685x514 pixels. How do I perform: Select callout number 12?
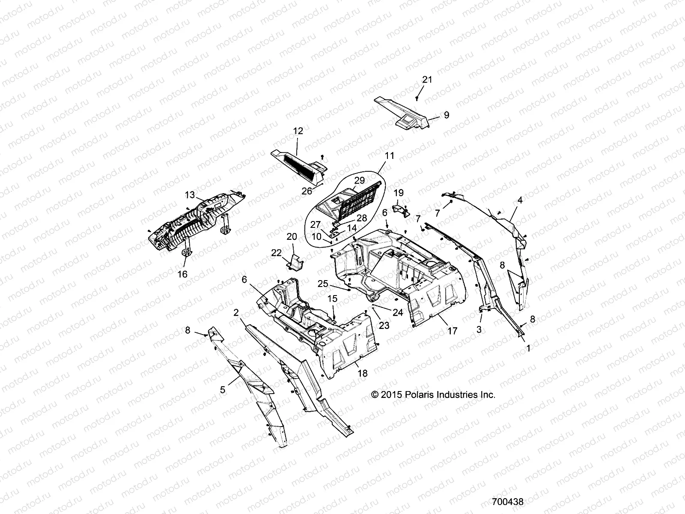coord(298,131)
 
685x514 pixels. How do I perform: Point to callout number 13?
coord(190,195)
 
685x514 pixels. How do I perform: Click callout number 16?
coord(182,274)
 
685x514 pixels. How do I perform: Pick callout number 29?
coord(359,180)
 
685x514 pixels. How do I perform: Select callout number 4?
coord(520,200)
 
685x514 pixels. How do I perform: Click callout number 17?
coord(452,331)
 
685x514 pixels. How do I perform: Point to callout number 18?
coord(362,374)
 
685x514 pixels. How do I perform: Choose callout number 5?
coord(223,390)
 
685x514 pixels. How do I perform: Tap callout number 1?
coord(528,349)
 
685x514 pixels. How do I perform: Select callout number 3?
coord(479,329)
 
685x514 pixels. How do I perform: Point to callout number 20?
coord(292,236)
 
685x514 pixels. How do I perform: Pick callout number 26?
coord(307,191)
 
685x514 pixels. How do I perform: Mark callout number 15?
coord(333,299)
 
